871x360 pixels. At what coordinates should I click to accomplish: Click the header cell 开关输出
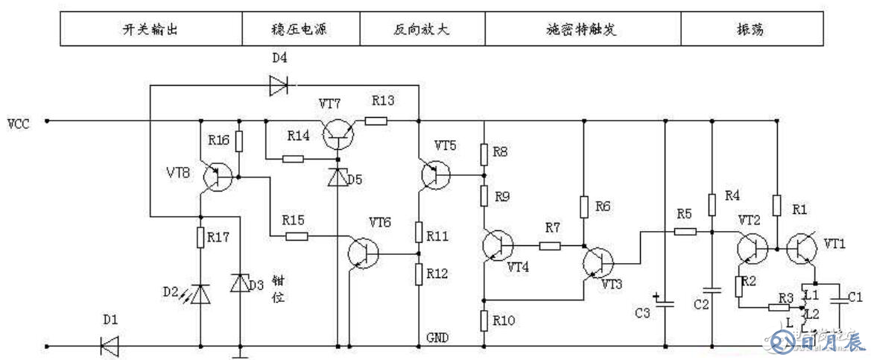[x=151, y=31]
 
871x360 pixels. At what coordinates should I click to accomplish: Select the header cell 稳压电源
[x=301, y=31]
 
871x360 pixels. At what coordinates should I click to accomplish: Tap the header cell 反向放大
[x=422, y=31]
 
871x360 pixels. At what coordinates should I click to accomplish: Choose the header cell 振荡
[x=749, y=31]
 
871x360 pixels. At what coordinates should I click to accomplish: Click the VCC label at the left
[x=19, y=123]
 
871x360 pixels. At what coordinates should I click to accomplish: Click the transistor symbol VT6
[x=363, y=253]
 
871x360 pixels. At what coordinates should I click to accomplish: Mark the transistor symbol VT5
[x=435, y=174]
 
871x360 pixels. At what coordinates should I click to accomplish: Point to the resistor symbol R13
[x=376, y=120]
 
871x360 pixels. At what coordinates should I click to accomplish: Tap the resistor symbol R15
[x=297, y=236]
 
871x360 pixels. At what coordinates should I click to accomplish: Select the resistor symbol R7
[x=550, y=245]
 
